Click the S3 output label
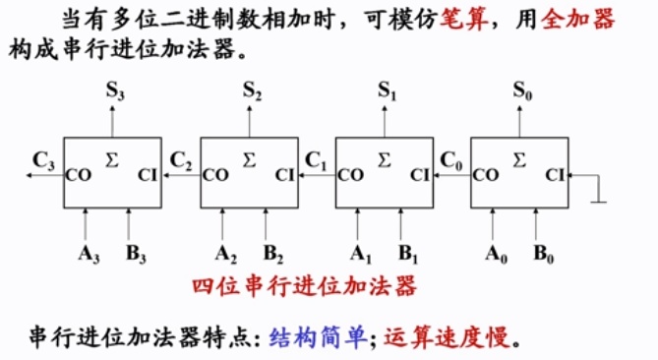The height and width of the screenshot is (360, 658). (114, 90)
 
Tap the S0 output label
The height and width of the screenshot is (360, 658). (522, 90)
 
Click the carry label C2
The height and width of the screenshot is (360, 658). (181, 158)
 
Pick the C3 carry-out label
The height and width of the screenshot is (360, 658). (43, 158)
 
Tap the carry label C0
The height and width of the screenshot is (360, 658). (452, 158)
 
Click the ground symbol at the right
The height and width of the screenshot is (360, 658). (598, 202)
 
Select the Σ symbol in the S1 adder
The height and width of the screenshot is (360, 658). (384, 157)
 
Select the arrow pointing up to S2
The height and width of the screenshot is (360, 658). (248, 123)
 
